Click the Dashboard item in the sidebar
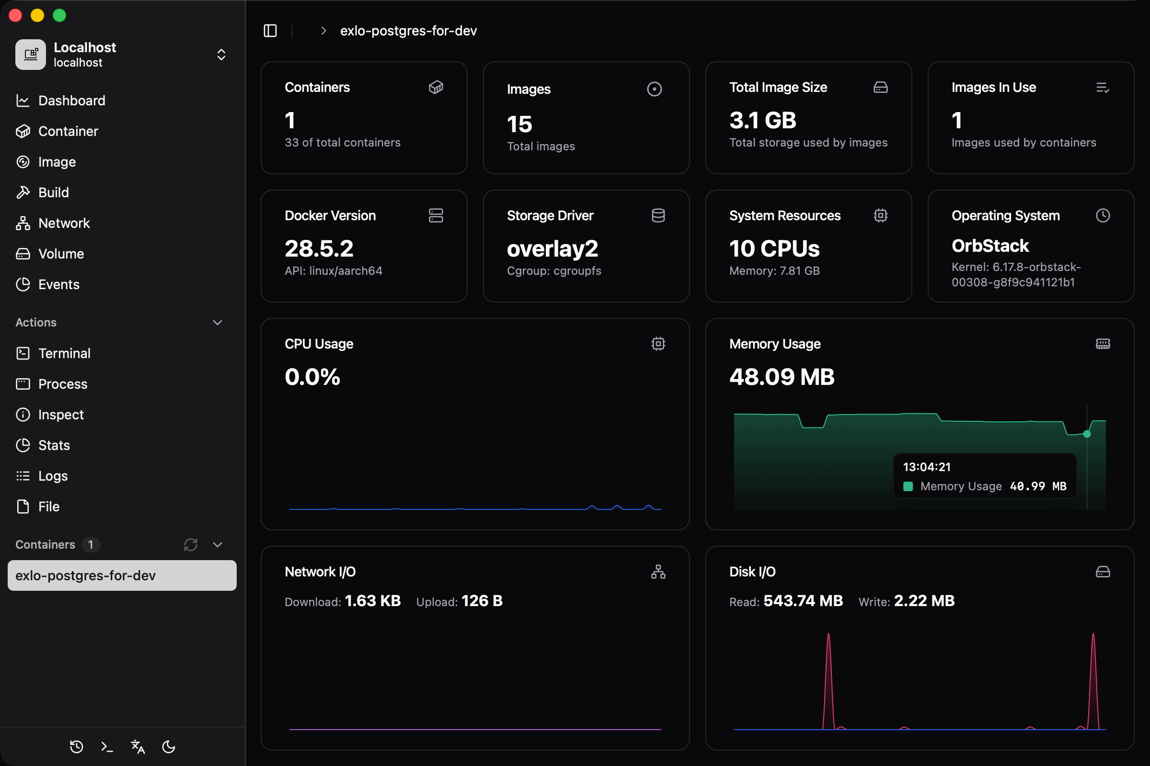[x=71, y=101]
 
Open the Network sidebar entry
[x=64, y=223]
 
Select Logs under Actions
[x=53, y=476]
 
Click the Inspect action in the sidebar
[x=61, y=415]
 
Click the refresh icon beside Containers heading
[x=191, y=545]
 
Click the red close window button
[x=16, y=16]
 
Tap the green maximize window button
[x=59, y=16]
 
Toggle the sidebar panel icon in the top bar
[x=270, y=31]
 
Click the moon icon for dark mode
[x=169, y=746]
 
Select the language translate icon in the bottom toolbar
[x=138, y=746]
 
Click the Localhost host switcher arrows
[x=221, y=55]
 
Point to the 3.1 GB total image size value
[x=763, y=121]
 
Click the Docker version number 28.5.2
[x=319, y=249]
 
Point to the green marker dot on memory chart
[x=1087, y=434]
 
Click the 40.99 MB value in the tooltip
[x=1038, y=486]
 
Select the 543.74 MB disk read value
[x=803, y=601]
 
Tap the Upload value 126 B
[x=482, y=601]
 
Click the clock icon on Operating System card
[x=1103, y=215]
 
